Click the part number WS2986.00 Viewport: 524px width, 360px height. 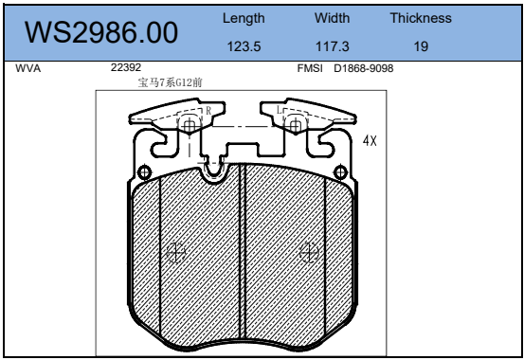click(x=101, y=32)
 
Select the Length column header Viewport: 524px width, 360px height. click(x=244, y=18)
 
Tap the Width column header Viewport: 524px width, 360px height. click(x=333, y=18)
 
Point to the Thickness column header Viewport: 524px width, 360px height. click(x=421, y=18)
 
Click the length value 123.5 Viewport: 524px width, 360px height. click(x=244, y=46)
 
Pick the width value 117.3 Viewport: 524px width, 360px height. click(x=333, y=46)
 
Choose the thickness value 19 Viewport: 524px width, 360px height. click(x=421, y=46)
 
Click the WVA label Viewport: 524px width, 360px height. click(x=28, y=68)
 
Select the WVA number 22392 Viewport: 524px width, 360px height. click(x=126, y=67)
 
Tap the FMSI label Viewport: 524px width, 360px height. click(x=310, y=68)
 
